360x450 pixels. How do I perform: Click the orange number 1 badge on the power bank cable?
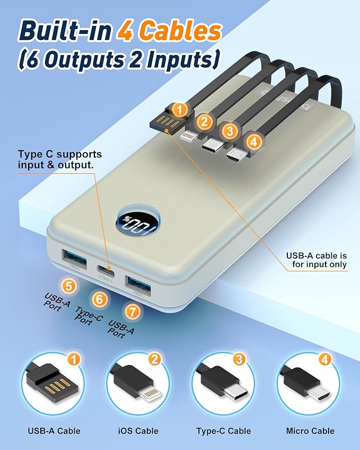pyautogui.click(x=180, y=110)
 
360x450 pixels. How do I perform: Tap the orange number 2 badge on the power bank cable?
pyautogui.click(x=205, y=121)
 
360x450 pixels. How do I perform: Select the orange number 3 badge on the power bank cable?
pyautogui.click(x=230, y=131)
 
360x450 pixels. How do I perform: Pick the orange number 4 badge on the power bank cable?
pyautogui.click(x=254, y=142)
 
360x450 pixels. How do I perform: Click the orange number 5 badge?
pyautogui.click(x=69, y=286)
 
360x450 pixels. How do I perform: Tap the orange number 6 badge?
pyautogui.click(x=100, y=299)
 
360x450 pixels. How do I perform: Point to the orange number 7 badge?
pyautogui.click(x=133, y=312)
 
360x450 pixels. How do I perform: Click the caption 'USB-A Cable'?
pyautogui.click(x=54, y=431)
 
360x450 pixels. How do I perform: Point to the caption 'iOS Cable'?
pyautogui.click(x=138, y=431)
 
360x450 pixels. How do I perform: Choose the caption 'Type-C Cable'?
pyautogui.click(x=224, y=431)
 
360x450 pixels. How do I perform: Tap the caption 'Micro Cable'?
pyautogui.click(x=310, y=431)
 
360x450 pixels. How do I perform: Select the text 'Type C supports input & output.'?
pyautogui.click(x=60, y=160)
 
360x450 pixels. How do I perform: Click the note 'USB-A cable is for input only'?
pyautogui.click(x=317, y=260)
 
